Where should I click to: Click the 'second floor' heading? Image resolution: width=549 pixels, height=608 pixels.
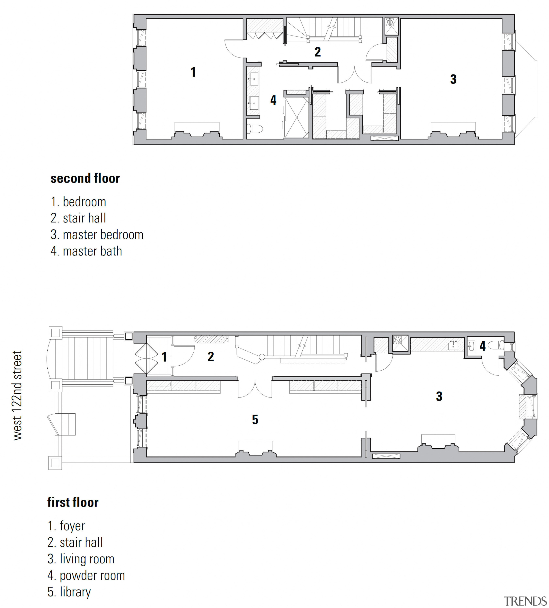click(x=85, y=178)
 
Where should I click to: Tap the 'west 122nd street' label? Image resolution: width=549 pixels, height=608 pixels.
click(x=18, y=395)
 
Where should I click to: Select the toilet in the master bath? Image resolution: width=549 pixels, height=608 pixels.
click(x=254, y=129)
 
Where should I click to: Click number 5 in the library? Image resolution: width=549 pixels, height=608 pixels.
click(x=255, y=419)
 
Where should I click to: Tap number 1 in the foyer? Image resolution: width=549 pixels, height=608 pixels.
click(x=164, y=357)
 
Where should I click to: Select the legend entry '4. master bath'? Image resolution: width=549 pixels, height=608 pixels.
click(x=86, y=251)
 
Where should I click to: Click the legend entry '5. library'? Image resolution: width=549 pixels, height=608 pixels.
click(x=69, y=592)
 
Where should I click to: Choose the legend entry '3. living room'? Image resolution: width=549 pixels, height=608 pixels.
click(x=81, y=559)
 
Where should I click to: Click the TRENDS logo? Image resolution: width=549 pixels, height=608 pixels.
click(x=525, y=601)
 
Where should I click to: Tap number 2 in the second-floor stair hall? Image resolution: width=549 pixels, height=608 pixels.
click(x=317, y=52)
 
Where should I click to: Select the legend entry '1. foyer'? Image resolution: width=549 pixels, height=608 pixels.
click(x=66, y=526)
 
